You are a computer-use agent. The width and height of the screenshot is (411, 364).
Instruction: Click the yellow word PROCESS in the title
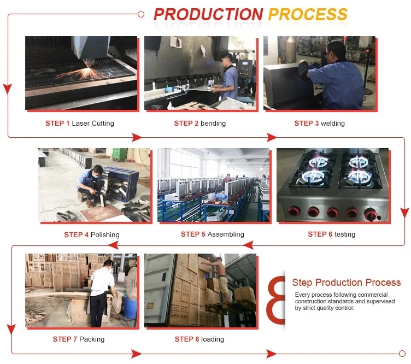(x=308, y=14)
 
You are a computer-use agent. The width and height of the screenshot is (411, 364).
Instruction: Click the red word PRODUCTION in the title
(x=208, y=14)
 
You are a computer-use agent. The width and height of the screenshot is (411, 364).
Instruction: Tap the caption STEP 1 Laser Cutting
(x=80, y=123)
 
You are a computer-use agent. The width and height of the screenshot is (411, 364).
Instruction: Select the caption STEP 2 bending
(x=199, y=123)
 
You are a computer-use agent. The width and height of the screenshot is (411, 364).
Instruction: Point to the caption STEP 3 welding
(x=319, y=123)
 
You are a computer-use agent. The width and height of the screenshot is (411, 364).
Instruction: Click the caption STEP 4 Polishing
(x=92, y=234)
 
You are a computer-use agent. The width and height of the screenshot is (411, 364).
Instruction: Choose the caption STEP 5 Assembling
(x=212, y=234)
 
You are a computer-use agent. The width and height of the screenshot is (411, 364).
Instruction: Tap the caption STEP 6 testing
(x=332, y=234)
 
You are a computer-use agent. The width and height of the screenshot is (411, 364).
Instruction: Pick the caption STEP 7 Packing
(x=79, y=339)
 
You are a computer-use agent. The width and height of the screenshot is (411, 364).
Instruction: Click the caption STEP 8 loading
(x=199, y=339)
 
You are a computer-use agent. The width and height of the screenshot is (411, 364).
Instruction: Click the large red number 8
(x=275, y=300)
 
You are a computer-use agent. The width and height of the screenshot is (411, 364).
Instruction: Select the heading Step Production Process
(x=347, y=282)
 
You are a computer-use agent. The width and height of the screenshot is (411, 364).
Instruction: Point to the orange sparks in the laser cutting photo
(x=84, y=73)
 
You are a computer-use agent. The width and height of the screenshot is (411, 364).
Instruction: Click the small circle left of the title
(x=141, y=14)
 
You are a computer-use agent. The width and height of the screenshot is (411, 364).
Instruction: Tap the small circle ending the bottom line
(x=402, y=354)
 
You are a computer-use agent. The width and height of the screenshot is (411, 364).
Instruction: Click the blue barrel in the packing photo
(x=130, y=307)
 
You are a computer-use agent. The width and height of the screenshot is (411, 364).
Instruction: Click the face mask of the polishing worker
(x=96, y=176)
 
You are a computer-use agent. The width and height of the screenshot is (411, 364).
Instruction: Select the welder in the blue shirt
(x=332, y=75)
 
